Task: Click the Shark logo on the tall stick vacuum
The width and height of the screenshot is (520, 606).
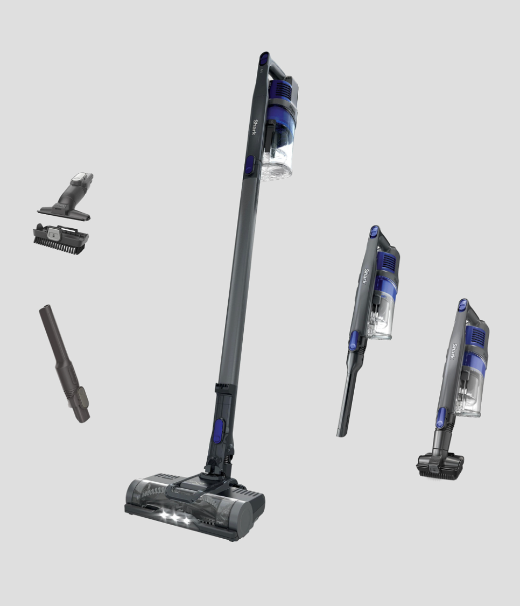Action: point(255,127)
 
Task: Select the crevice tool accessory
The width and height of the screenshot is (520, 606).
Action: point(65,364)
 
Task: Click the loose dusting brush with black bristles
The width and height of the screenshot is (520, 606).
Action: point(61,239)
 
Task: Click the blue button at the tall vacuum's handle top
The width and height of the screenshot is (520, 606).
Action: point(264,58)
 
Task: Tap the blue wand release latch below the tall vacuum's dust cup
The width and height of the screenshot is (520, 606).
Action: point(250,165)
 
